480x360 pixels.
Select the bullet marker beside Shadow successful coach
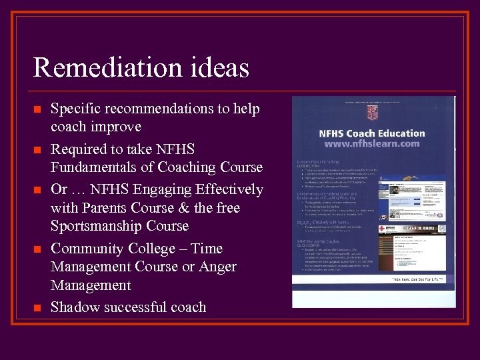tap(37, 308)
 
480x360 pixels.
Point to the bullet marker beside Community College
tap(37, 249)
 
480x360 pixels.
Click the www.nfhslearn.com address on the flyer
tap(371, 143)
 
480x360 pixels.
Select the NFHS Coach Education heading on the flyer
tap(371, 133)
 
